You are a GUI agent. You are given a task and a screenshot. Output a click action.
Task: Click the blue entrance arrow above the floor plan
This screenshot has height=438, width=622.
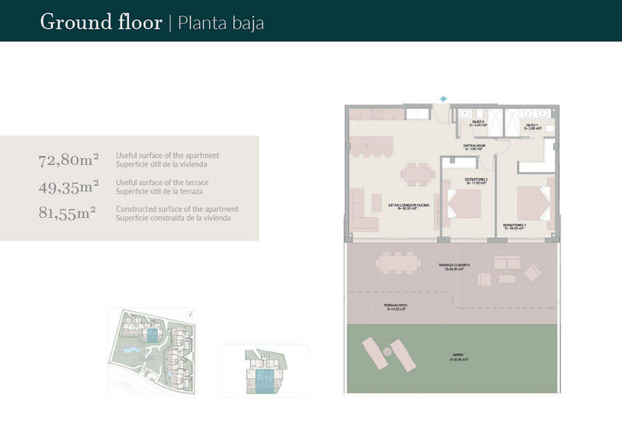443,99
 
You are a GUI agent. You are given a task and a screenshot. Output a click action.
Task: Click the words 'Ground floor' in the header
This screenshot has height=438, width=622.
101,22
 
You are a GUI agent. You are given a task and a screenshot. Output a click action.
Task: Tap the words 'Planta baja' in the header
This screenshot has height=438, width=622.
221,23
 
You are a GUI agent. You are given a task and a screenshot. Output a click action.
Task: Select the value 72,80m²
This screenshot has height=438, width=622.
68,160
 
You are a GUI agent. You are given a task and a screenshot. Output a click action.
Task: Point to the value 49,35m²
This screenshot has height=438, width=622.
68,186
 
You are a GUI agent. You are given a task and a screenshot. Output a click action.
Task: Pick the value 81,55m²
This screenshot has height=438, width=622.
68,212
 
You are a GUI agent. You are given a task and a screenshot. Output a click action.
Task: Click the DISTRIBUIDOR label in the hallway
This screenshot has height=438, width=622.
474,145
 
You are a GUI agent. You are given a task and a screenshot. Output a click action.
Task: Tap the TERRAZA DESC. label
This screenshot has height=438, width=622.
397,307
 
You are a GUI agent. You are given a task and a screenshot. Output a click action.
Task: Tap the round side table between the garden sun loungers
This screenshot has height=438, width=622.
386,351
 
